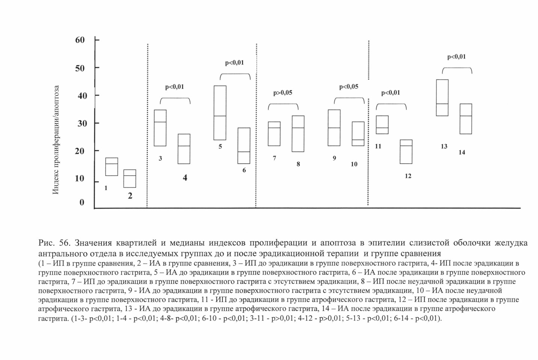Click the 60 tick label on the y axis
coord(80,40)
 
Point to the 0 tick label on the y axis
coord(82,202)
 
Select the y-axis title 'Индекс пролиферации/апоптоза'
coord(56,140)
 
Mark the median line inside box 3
coord(160,122)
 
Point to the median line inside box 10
coord(358,139)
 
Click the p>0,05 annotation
coord(283,93)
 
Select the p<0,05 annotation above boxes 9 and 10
coord(349,87)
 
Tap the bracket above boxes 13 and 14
coord(457,67)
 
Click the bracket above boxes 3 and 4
coord(175,98)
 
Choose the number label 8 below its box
coord(298,164)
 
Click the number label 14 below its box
coord(462,152)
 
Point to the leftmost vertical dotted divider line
coord(147,125)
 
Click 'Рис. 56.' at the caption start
coord(54,243)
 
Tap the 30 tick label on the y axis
coord(82,123)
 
